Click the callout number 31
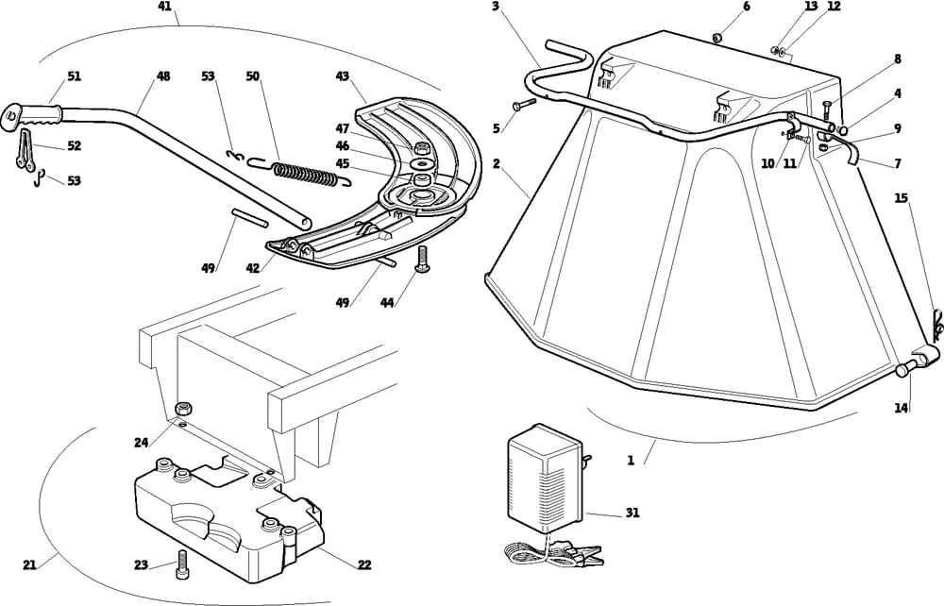point(632,513)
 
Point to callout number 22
point(364,564)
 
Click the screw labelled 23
point(179,570)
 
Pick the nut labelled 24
point(186,409)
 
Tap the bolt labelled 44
point(421,256)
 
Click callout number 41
point(165,7)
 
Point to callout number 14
point(902,408)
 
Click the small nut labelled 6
point(717,38)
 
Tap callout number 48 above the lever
point(163,76)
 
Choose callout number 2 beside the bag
point(496,164)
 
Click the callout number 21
point(29,564)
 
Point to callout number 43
point(342,76)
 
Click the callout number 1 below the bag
point(631,461)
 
